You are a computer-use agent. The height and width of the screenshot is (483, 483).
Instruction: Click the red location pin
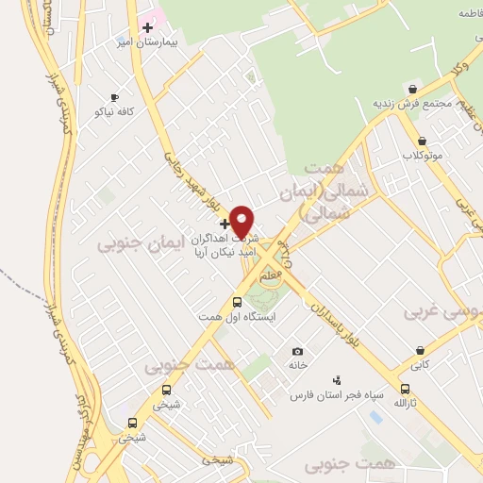pyautogui.click(x=242, y=220)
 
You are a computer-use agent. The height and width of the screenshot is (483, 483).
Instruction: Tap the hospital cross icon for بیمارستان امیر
pyautogui.click(x=148, y=27)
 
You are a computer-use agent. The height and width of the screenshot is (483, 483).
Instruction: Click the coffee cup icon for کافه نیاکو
pyautogui.click(x=114, y=97)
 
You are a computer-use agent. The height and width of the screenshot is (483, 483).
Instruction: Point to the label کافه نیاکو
pyautogui.click(x=113, y=112)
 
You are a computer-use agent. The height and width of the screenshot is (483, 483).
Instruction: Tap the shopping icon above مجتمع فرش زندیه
pyautogui.click(x=411, y=89)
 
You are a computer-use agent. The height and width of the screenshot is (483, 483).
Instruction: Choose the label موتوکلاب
pyautogui.click(x=423, y=153)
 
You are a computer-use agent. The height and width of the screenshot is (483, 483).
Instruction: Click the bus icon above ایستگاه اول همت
pyautogui.click(x=236, y=303)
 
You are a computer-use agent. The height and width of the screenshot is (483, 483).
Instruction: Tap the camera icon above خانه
pyautogui.click(x=298, y=351)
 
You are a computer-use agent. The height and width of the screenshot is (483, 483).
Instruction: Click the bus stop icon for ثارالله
pyautogui.click(x=406, y=389)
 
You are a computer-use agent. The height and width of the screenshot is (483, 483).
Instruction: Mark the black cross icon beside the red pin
pyautogui.click(x=224, y=224)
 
